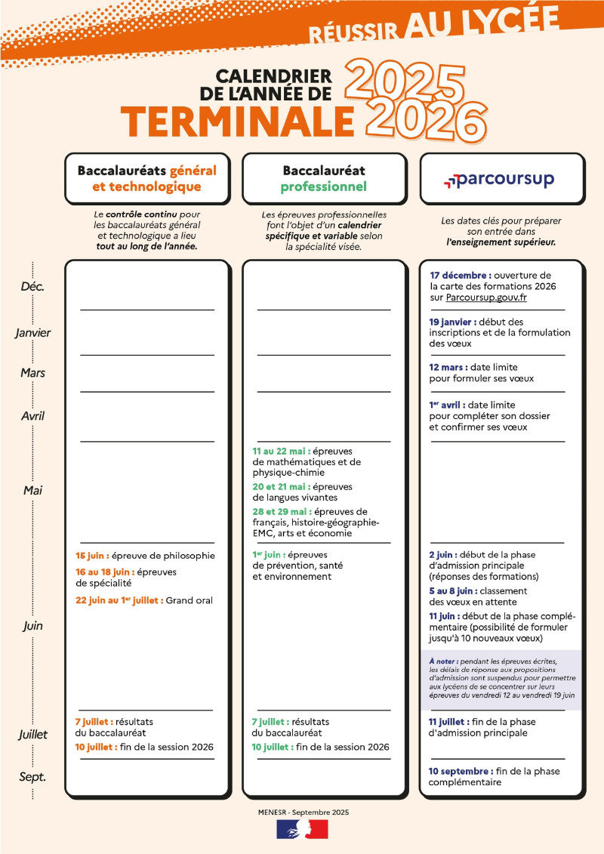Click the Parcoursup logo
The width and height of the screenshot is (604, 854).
pos(499,180)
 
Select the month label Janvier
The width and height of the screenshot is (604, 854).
pos(32,332)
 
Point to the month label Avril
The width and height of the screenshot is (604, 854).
pos(32,415)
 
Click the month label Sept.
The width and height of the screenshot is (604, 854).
pos(32,775)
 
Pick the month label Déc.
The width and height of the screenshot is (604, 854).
pos(32,287)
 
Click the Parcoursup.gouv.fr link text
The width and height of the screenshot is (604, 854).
pos(486,298)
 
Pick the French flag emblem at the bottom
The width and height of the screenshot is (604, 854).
pos(302,829)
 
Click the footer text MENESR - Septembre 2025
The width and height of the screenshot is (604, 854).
pos(302,812)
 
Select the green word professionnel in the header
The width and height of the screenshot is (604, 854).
pos(323,187)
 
